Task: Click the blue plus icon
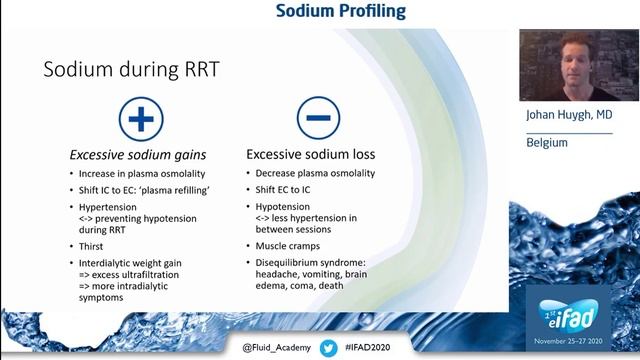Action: click(x=140, y=120)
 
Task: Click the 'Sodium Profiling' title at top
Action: click(x=340, y=12)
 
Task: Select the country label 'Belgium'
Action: click(x=547, y=143)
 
